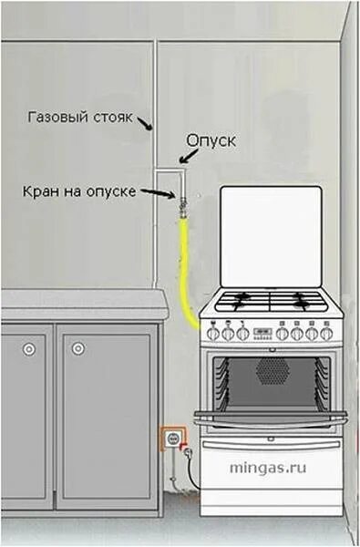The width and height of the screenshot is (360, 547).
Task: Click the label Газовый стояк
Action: [81, 117]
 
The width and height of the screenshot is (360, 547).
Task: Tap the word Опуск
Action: [211, 141]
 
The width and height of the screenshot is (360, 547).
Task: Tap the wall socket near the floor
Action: [171, 439]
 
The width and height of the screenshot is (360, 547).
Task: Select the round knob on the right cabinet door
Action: [77, 347]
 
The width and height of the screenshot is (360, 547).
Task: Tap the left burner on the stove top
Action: [240, 303]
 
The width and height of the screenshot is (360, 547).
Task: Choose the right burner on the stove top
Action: [303, 303]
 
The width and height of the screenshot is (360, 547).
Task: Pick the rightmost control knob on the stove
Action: [326, 334]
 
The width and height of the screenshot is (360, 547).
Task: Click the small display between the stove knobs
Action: [262, 332]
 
